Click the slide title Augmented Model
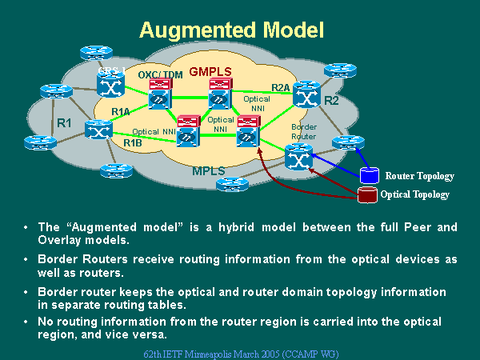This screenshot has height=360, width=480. pos(231,30)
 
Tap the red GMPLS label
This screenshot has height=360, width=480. pos(210,71)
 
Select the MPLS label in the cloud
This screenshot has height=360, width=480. pos(209,171)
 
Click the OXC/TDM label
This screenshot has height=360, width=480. pos(160,74)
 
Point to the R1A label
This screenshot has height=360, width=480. pos(121,111)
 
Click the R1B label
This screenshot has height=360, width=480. pos(132,142)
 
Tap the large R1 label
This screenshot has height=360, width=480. pos(65,123)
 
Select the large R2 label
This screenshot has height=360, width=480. pos(331,101)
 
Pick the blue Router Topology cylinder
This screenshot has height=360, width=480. pos(369,174)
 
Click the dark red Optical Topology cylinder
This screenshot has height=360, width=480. pos(367,194)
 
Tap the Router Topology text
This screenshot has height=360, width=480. pos(419,176)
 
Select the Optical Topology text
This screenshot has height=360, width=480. pos(414,194)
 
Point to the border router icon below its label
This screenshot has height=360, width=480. pos(298,155)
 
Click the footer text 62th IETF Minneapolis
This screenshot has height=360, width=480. pos(240,351)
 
